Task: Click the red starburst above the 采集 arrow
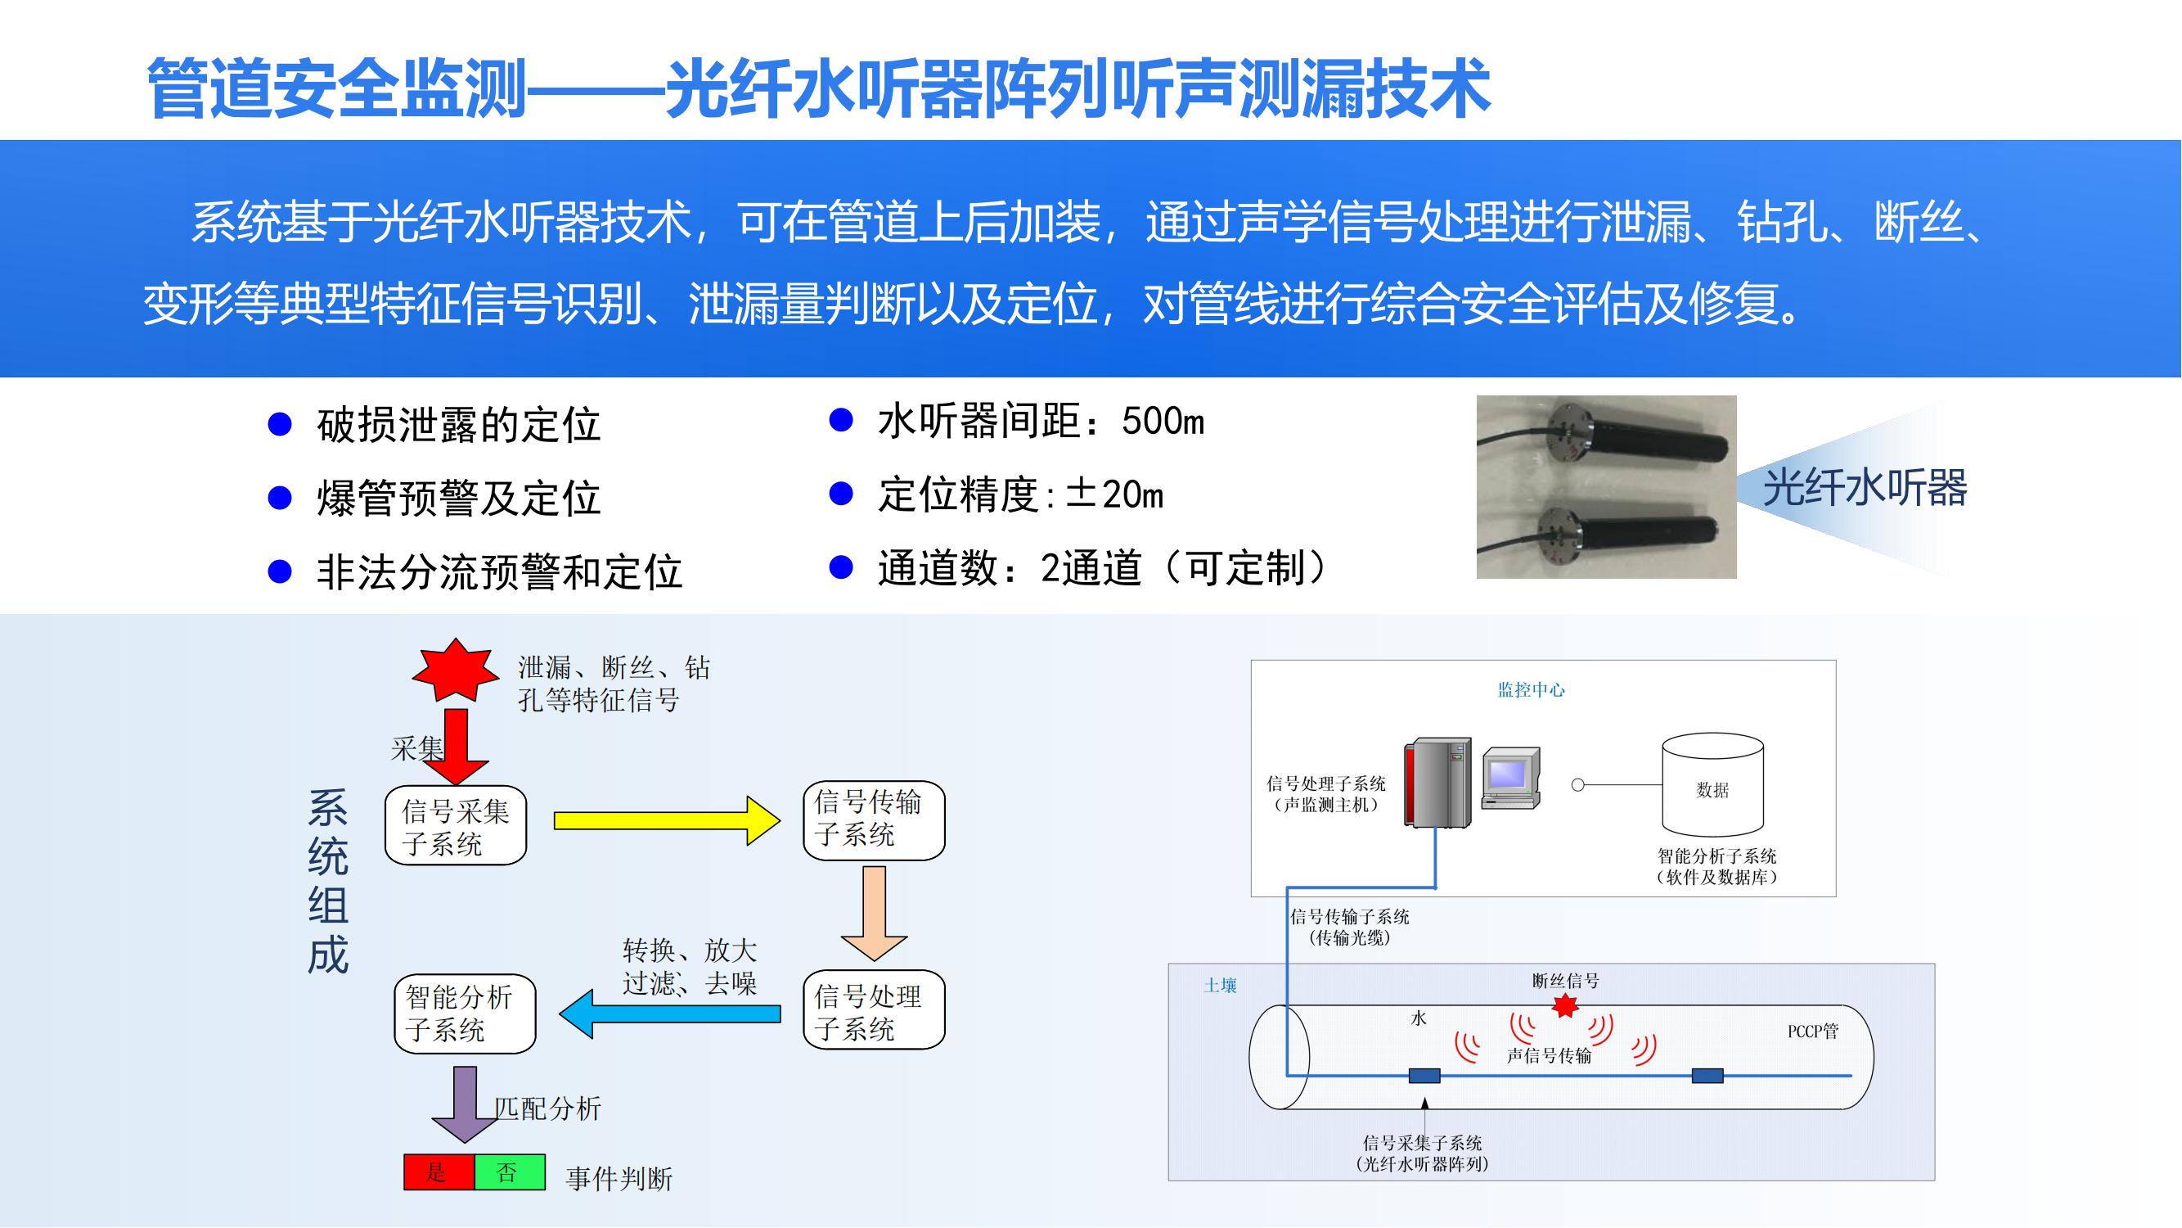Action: pyautogui.click(x=456, y=670)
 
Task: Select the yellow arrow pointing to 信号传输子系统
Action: pyautogui.click(x=666, y=820)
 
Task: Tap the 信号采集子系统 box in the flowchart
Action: pyautogui.click(x=456, y=825)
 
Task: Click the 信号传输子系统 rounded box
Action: pyautogui.click(x=873, y=819)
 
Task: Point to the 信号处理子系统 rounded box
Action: pyautogui.click(x=873, y=1010)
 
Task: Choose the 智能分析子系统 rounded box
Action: pyautogui.click(x=464, y=1014)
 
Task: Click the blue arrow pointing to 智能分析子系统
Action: pyautogui.click(x=669, y=1014)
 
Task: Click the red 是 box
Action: pyautogui.click(x=438, y=1172)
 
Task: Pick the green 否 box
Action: pyautogui.click(x=508, y=1172)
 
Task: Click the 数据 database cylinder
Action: pyautogui.click(x=1712, y=786)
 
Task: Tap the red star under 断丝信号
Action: pyautogui.click(x=1564, y=1006)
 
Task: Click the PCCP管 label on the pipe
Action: pyautogui.click(x=1813, y=1032)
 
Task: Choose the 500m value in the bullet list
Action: pyautogui.click(x=1162, y=421)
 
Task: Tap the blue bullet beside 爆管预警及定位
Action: pyautogui.click(x=280, y=499)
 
